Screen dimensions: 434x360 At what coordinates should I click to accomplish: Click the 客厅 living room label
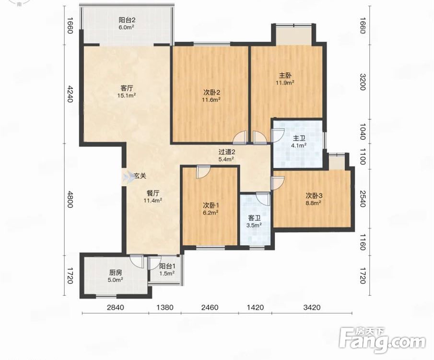click(127, 88)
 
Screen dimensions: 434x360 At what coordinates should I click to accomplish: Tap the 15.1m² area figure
click(127, 96)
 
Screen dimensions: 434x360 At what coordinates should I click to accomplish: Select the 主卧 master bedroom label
click(285, 75)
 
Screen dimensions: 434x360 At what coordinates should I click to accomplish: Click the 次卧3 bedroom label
click(314, 196)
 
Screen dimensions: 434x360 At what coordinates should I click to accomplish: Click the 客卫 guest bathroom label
click(254, 218)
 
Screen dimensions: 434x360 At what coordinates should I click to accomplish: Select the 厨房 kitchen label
click(116, 273)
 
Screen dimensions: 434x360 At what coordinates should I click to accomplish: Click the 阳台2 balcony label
click(127, 20)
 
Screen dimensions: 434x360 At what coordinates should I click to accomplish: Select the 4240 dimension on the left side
click(70, 94)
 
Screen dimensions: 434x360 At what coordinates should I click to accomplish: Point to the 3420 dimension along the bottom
click(312, 307)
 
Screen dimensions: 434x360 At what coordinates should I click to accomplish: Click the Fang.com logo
click(382, 341)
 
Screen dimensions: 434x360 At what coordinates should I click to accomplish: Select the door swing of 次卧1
click(203, 172)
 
